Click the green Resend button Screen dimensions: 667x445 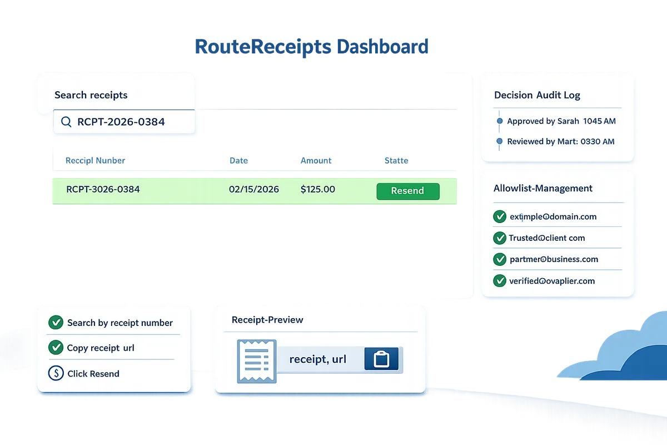coord(407,191)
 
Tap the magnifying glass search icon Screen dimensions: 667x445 coord(66,122)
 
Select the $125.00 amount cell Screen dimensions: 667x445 coord(318,189)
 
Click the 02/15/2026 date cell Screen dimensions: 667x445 coord(253,189)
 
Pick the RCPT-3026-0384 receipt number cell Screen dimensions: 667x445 coord(103,189)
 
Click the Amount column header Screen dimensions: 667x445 coord(316,161)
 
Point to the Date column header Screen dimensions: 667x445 coord(238,161)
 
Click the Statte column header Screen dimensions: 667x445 coord(396,161)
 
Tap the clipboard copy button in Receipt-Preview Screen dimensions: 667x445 coord(381,359)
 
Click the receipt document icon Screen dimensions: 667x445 coord(257,361)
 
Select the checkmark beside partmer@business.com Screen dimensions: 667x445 coord(500,259)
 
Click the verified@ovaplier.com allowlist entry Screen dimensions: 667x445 coord(552,281)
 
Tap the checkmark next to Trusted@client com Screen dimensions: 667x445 coord(500,238)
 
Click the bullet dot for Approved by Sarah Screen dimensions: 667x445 coord(500,121)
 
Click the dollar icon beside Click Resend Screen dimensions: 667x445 coord(56,373)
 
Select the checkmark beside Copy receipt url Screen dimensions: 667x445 coord(56,347)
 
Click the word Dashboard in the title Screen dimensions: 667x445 coord(382,47)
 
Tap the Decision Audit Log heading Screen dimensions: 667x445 coord(537,95)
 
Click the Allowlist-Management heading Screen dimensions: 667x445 coord(543,189)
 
